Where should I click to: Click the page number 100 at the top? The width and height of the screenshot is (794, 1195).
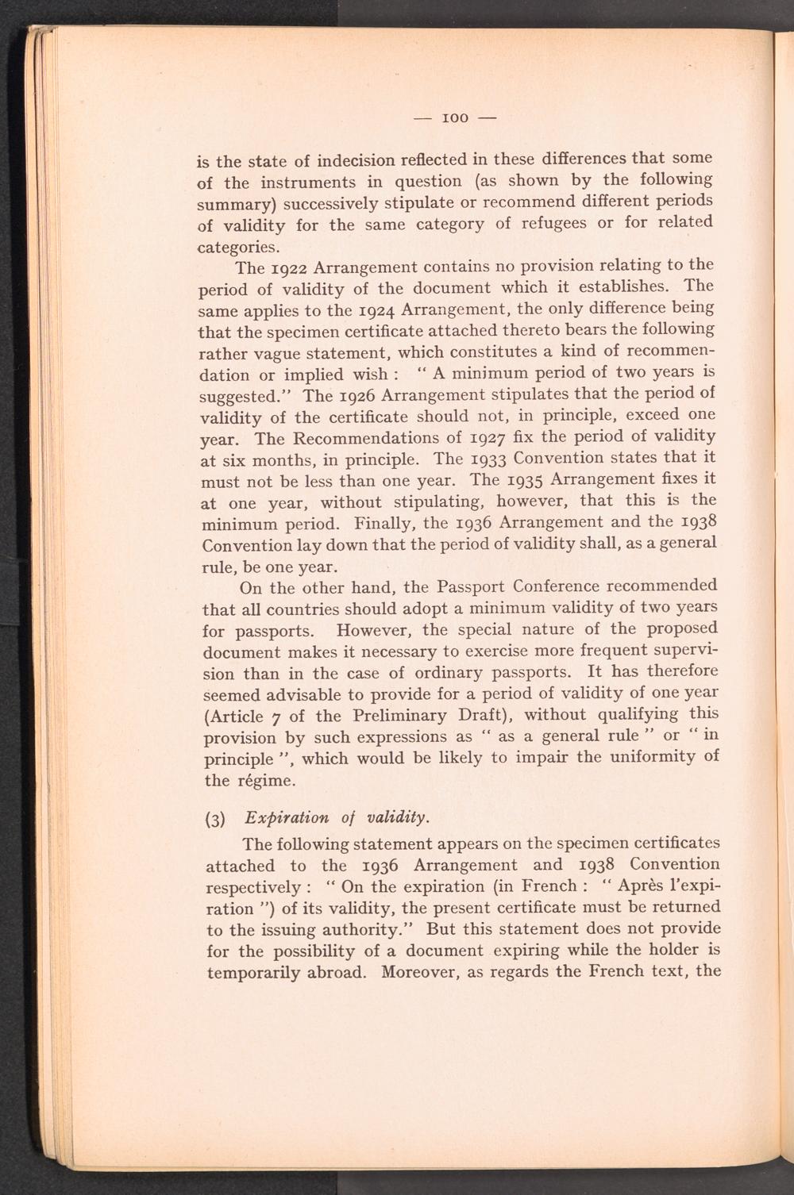tap(456, 118)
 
